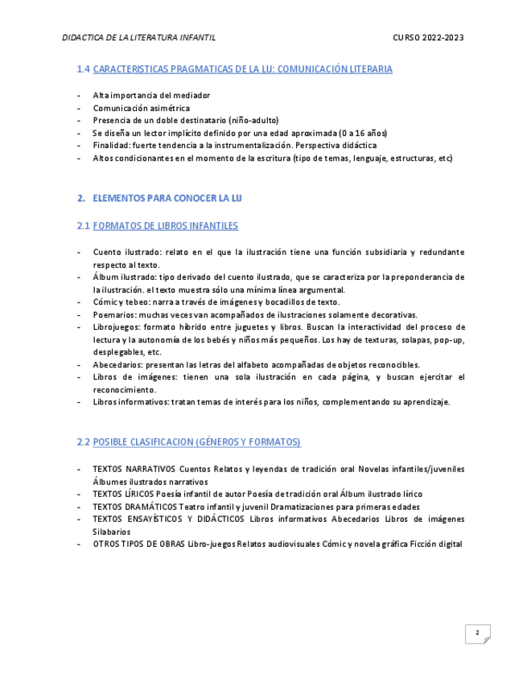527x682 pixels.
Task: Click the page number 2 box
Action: pos(477,634)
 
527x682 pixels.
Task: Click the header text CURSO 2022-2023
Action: pos(428,38)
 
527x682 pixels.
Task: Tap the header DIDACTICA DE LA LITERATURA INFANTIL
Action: pos(138,38)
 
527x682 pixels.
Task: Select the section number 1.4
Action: pos(83,69)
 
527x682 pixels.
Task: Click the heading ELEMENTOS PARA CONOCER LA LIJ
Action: pos(167,198)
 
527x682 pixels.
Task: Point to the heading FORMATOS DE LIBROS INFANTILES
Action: pos(165,226)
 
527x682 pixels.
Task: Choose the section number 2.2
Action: pos(83,442)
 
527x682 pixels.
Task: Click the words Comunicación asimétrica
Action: pos(141,108)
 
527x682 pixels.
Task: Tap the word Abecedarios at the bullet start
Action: pos(117,364)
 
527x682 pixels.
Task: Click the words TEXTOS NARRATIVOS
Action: pos(134,469)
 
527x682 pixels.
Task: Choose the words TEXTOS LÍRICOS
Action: pos(123,494)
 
